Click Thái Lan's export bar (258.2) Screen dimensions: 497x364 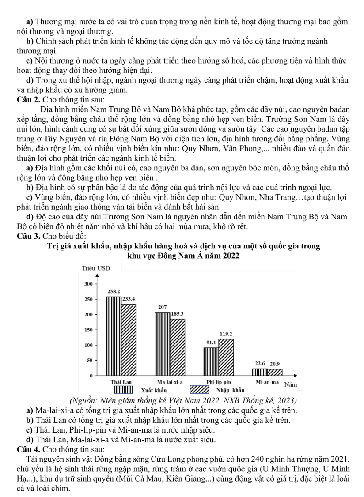point(114,336)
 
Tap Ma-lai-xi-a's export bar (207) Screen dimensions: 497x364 point(163,343)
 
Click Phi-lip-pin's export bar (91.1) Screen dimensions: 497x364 point(211,361)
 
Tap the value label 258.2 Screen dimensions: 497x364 point(114,292)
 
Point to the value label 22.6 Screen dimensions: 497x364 point(259,364)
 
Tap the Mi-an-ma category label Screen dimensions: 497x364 point(267,381)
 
